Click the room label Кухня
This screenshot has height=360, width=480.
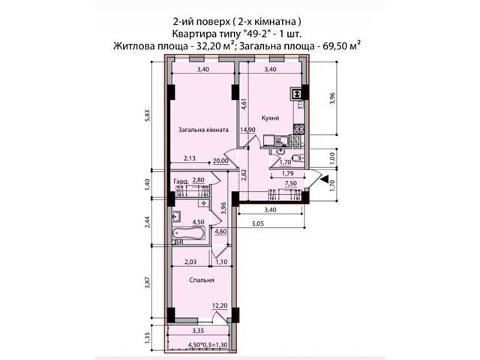[270, 118]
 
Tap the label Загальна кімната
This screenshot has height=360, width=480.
[203, 130]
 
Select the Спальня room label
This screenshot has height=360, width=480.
[202, 280]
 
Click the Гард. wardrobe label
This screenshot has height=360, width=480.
[181, 181]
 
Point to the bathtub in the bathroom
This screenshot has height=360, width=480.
[188, 234]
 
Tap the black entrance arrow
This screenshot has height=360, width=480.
[323, 178]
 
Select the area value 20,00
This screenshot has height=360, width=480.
[221, 160]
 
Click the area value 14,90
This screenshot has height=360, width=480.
[247, 130]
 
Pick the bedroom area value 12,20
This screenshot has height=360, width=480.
[220, 306]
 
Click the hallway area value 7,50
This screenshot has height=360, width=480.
[290, 183]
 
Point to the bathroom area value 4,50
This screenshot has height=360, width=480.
[198, 222]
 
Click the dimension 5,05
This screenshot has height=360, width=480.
[258, 223]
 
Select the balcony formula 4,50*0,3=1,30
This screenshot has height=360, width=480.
[208, 345]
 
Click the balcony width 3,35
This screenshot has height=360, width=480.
[198, 331]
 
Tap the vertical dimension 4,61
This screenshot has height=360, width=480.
[244, 103]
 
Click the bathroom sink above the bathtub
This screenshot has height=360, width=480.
[176, 217]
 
